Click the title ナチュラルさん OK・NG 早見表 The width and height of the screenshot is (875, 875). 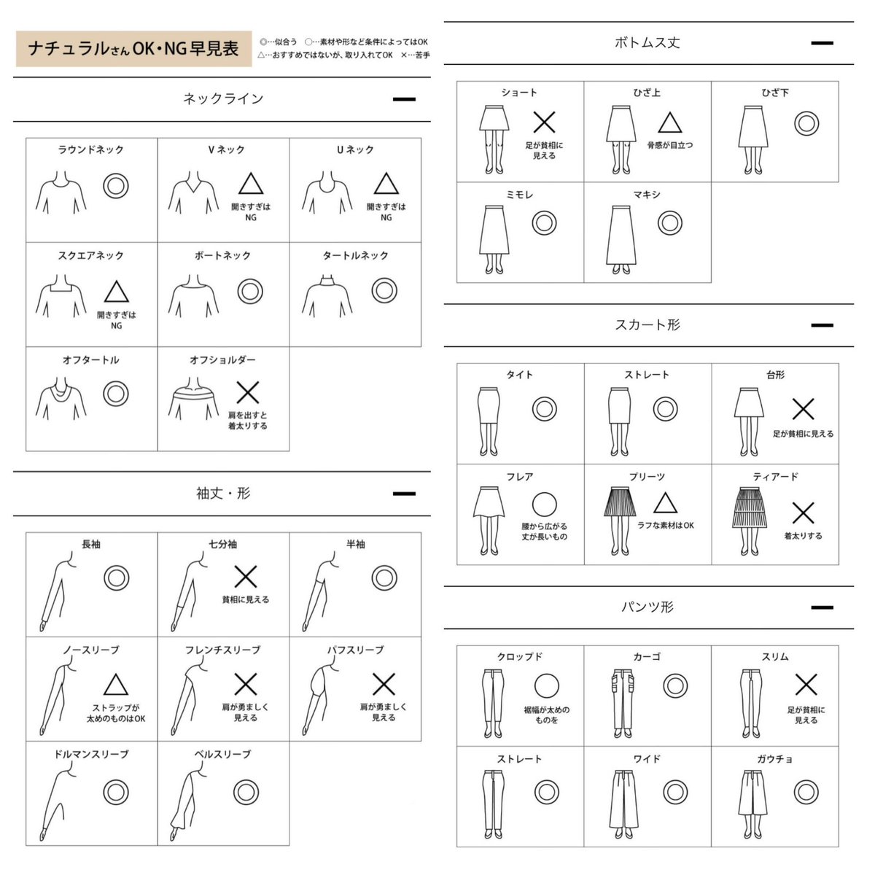pos(133,48)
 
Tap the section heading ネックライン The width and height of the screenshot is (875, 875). pos(223,98)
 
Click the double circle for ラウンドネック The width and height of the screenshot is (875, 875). pos(116,185)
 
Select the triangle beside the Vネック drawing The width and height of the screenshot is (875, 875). pos(251,184)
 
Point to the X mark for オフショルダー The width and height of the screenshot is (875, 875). pos(247,392)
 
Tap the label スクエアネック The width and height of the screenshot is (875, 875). pos(91,255)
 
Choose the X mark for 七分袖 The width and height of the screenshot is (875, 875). pos(246,577)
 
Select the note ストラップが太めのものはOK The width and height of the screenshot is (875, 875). pos(116,713)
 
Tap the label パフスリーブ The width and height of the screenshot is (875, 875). pos(356,650)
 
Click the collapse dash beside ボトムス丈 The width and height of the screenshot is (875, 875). pos(822,43)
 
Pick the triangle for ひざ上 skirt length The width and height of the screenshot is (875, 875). pos(670,122)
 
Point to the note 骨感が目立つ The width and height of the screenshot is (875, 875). pos(670,145)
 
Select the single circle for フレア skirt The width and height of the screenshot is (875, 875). pos(544,505)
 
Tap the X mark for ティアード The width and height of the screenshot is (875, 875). pos(803,513)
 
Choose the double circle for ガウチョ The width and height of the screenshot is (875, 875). pos(806,792)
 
